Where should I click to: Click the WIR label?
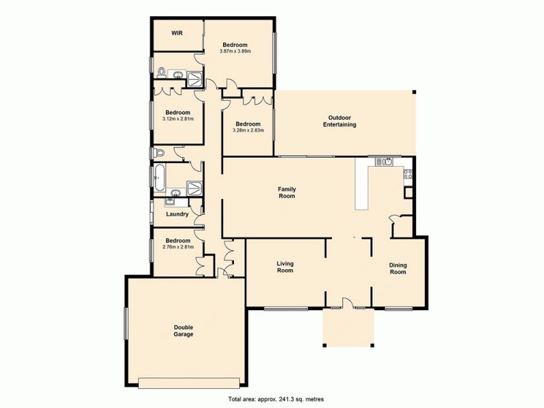click(x=176, y=33)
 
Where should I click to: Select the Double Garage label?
click(x=184, y=330)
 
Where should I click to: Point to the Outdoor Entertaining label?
click(x=339, y=121)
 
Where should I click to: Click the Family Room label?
click(x=286, y=192)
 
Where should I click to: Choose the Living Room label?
click(x=285, y=267)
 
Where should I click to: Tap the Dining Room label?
click(x=397, y=268)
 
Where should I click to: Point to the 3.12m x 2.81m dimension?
click(x=178, y=119)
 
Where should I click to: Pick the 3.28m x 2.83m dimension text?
click(x=248, y=130)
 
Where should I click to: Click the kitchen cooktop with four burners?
click(x=408, y=174)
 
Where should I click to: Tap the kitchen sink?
click(x=385, y=162)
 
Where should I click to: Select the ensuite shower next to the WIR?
click(x=195, y=78)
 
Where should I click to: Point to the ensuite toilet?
click(x=161, y=72)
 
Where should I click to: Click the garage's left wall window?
click(x=125, y=323)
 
